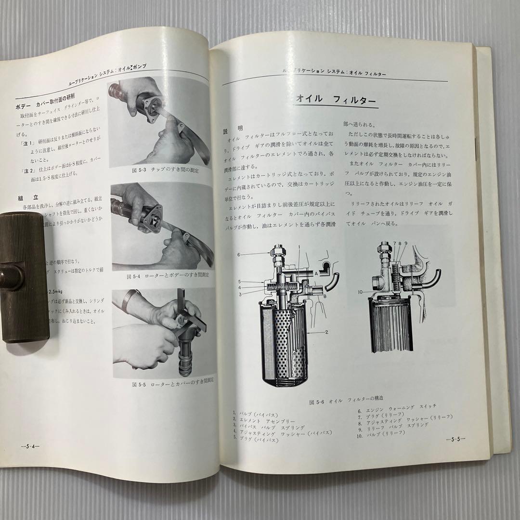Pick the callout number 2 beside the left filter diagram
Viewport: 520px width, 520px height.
pyautogui.click(x=326, y=332)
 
